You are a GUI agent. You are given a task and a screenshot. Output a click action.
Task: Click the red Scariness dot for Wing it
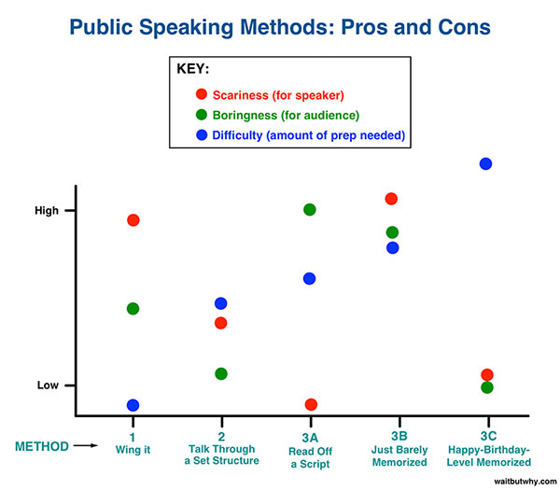133,220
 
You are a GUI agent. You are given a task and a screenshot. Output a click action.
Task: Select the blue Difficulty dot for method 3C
485,164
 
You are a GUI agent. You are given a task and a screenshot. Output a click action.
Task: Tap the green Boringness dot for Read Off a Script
310,210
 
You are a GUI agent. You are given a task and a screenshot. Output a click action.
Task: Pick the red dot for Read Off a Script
311,405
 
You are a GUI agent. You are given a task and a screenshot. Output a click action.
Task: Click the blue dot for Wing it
133,405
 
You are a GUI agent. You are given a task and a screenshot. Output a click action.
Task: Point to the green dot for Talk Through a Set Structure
221,374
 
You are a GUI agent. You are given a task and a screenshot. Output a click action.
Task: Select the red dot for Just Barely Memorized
391,199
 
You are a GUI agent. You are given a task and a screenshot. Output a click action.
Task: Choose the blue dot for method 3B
393,248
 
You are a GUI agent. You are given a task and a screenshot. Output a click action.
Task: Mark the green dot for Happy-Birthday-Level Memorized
487,387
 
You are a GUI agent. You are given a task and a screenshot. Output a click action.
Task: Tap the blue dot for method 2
220,303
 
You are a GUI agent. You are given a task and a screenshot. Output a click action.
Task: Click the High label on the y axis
47,211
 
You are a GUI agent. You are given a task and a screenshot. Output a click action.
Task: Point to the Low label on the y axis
48,385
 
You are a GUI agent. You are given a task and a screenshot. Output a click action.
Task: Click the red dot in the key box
202,94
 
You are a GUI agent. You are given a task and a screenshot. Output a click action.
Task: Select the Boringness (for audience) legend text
286,116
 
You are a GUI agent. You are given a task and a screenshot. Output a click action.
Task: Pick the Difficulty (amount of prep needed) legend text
309,135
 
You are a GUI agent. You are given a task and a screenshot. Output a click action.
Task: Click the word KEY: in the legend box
193,68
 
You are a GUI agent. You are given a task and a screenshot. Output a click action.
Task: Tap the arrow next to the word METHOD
86,445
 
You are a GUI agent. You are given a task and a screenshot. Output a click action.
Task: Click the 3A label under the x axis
310,438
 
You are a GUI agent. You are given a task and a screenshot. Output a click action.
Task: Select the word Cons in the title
464,27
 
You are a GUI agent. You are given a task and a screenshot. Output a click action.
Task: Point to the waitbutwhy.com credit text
525,482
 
